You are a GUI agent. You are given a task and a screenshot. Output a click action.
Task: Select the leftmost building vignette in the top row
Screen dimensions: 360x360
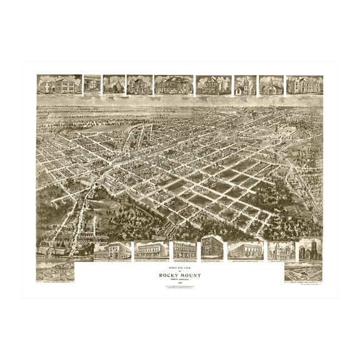coord(59,85)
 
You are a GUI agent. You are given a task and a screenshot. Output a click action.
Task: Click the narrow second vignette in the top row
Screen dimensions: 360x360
coord(92,85)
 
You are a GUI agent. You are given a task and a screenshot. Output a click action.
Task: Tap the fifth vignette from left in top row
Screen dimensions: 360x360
coord(173,85)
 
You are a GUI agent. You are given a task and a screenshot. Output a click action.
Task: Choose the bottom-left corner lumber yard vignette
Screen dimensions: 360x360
coord(55,272)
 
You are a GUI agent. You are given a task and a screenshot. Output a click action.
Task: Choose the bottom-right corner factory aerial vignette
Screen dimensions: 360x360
coord(303,272)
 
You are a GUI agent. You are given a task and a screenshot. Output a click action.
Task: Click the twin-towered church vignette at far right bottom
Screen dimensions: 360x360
coord(310,250)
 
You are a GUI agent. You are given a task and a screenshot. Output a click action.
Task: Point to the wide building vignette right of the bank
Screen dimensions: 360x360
coord(245,251)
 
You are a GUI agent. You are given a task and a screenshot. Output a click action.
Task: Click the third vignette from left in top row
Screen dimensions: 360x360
coord(113,85)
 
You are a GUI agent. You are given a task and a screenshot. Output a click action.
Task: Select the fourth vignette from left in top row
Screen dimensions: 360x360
coord(139,85)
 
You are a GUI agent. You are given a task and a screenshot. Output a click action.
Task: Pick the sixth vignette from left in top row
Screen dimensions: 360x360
coord(213,85)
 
